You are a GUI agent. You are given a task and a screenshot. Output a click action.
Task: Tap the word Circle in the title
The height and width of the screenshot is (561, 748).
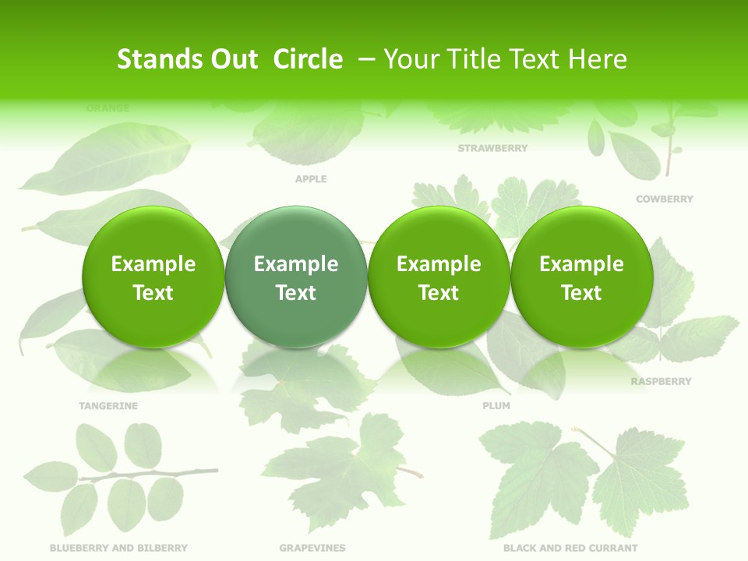[x=308, y=59]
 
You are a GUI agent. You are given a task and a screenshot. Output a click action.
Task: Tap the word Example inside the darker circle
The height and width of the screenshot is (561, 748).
[x=295, y=264]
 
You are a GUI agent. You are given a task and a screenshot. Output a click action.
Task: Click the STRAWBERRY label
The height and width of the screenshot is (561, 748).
[x=492, y=148]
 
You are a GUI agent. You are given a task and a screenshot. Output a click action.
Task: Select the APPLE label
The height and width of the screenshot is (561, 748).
[x=311, y=179]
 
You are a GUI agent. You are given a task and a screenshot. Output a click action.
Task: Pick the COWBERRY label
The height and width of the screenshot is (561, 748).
[x=664, y=199]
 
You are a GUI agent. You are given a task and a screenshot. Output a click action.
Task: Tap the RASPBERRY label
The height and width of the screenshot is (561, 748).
[x=661, y=382]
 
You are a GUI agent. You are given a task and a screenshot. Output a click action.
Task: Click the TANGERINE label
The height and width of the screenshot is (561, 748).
[x=108, y=406]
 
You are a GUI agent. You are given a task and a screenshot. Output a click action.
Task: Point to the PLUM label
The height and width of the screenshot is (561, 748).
[x=496, y=406]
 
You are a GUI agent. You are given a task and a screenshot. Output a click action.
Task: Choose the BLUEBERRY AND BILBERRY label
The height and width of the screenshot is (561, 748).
[x=118, y=549]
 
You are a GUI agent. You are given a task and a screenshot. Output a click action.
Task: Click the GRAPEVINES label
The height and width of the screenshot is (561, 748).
[x=312, y=549]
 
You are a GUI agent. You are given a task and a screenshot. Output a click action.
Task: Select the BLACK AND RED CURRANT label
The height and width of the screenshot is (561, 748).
[x=570, y=549]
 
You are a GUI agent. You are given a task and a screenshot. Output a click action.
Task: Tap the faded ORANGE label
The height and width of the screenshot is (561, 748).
[x=108, y=108]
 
